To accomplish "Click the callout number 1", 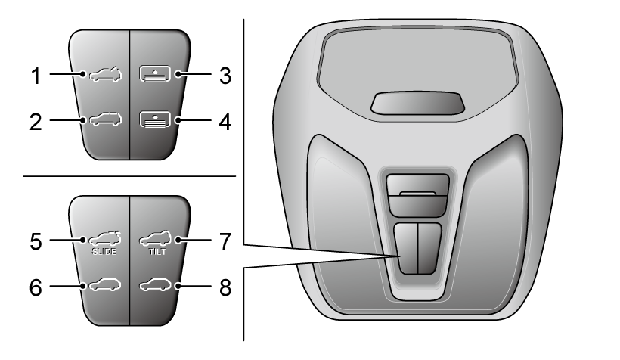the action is pos(36,75).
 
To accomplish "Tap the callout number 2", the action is pos(36,122).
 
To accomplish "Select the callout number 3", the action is pos(225,76).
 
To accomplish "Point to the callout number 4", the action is pos(225,122).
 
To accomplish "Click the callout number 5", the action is pos(36,241).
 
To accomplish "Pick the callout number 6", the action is pos(36,287).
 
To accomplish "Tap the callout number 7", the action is pos(225,241).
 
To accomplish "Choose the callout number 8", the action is pos(225,287).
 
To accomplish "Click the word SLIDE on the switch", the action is pos(104,252).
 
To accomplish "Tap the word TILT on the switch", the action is pos(157,252).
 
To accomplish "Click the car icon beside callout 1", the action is pos(106,73).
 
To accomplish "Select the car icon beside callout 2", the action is pos(106,119).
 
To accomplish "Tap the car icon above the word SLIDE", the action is pos(105,238).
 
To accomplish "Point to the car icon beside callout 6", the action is pos(105,285).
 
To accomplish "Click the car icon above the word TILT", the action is pos(156,238).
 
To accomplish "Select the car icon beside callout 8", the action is pos(156,285).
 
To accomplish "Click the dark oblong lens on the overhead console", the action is pos(417,103).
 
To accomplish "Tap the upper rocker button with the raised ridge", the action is pos(417,195).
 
